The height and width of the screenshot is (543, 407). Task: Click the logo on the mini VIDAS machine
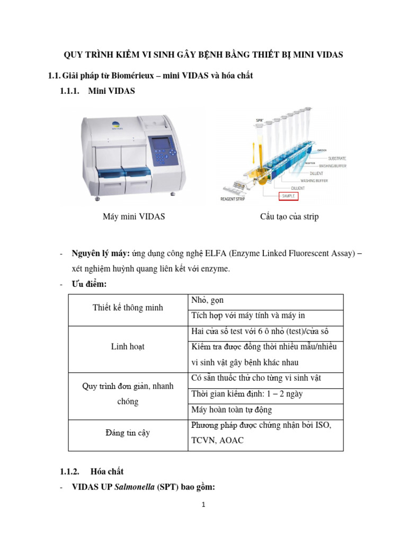[116, 125]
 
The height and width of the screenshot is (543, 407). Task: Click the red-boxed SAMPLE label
[288, 196]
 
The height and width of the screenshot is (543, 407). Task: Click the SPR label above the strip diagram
[260, 121]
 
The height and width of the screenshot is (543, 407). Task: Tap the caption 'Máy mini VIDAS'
[134, 217]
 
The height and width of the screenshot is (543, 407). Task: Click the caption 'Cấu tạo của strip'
[289, 217]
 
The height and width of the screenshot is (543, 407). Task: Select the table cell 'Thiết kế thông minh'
[128, 308]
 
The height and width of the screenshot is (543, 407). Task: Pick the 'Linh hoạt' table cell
[128, 346]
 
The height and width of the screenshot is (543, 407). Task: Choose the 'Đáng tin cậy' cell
[128, 433]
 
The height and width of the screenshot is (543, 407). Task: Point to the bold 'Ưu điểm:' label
[90, 284]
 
